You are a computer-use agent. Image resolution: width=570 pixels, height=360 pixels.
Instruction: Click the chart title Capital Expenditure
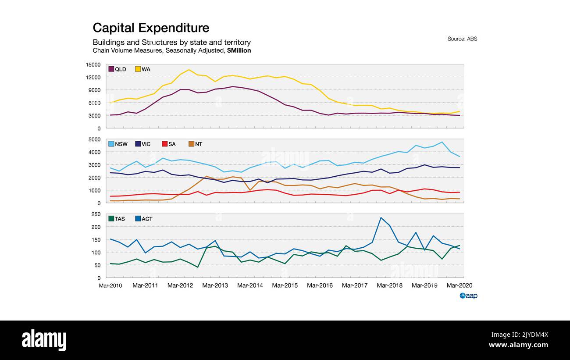(x=151, y=28)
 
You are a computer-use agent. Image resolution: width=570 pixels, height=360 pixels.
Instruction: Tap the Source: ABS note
(x=462, y=39)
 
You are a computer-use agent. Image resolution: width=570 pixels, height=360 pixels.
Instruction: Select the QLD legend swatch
(x=111, y=69)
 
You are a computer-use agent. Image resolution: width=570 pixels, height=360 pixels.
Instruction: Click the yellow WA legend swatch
(x=138, y=69)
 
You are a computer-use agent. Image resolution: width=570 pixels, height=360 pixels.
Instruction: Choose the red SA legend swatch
(x=165, y=144)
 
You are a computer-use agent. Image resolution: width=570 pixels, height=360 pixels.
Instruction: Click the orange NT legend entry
(x=192, y=144)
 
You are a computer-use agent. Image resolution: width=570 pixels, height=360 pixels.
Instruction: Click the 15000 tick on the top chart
(x=93, y=65)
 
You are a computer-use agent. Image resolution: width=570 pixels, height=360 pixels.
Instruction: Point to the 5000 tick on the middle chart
(x=94, y=139)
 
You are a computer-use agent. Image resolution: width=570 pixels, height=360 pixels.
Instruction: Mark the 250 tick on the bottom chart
(x=96, y=214)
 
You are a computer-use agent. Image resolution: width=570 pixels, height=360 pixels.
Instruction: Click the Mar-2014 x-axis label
(x=250, y=285)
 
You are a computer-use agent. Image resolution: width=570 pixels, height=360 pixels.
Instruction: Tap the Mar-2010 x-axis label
(x=110, y=285)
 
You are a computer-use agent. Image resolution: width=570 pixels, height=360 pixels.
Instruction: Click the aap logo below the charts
(x=468, y=296)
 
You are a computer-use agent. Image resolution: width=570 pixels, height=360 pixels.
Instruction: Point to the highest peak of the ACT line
(x=381, y=217)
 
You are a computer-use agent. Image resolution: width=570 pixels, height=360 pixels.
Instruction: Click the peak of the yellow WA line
(x=189, y=70)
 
